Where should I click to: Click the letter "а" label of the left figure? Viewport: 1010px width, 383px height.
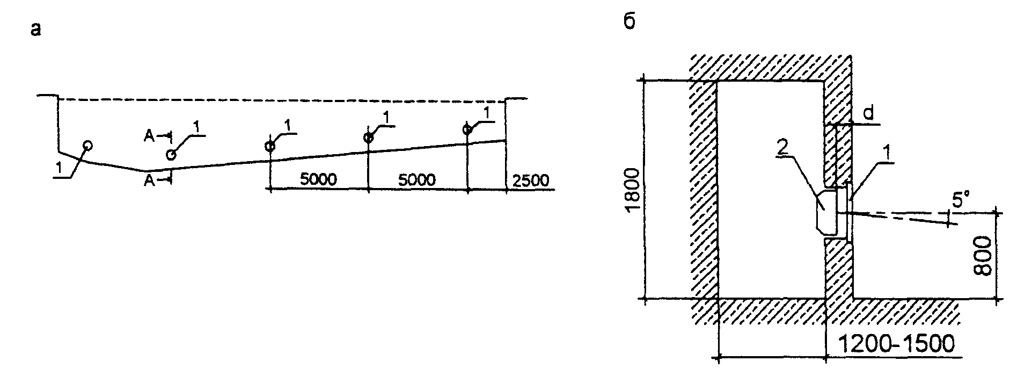coord(35,31)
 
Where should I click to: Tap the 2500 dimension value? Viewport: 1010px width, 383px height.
coord(531,180)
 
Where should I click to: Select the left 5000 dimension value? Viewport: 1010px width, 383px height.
coord(318,179)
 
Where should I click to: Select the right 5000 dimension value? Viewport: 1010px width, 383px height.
coord(417,179)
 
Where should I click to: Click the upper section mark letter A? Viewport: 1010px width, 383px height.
coord(150,136)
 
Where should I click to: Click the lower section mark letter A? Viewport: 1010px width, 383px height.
coord(150,182)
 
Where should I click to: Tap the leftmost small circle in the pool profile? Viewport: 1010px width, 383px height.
coord(87,145)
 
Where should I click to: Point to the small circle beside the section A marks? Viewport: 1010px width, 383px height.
coord(171,155)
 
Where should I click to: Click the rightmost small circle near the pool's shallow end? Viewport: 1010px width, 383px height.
coord(467,129)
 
